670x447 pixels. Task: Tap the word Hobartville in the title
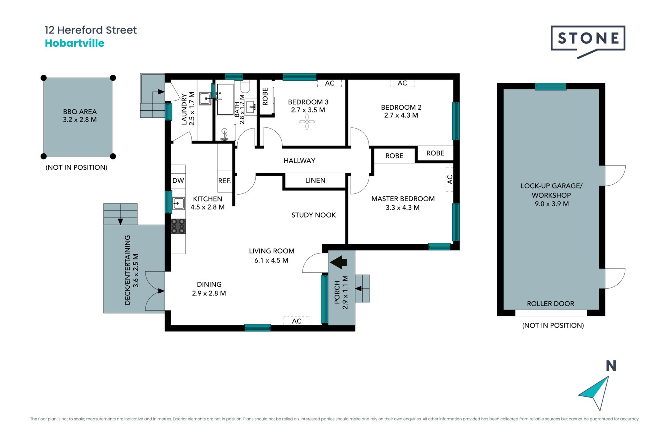click(x=75, y=43)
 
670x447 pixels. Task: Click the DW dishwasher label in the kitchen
click(x=178, y=181)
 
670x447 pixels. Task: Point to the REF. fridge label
click(x=224, y=181)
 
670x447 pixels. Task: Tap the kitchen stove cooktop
click(x=178, y=226)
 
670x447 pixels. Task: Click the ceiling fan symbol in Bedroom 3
click(x=307, y=122)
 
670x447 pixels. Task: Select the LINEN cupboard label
click(x=315, y=181)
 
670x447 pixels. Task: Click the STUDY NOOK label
click(x=314, y=215)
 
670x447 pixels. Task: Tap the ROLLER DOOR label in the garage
click(x=550, y=304)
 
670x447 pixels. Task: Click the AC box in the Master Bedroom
click(x=449, y=179)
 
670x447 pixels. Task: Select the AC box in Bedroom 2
click(x=403, y=83)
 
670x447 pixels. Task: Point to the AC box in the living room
click(x=297, y=321)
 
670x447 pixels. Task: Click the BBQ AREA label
click(x=80, y=112)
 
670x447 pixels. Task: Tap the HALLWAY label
click(x=299, y=161)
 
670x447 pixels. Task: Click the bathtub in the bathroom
click(x=225, y=99)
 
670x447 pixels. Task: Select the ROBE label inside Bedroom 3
click(x=265, y=96)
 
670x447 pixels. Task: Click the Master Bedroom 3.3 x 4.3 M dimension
click(x=403, y=207)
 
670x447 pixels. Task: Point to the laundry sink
click(x=205, y=98)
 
